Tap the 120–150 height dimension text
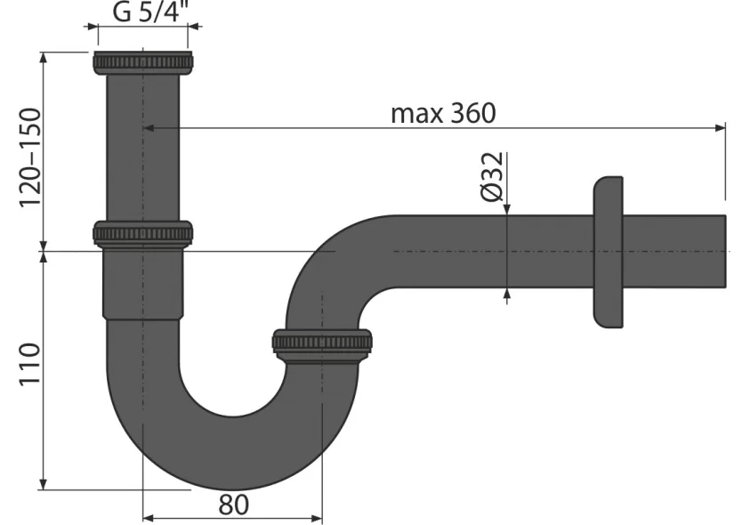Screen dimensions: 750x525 30,157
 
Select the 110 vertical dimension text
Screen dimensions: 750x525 29,364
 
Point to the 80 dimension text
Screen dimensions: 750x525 234,505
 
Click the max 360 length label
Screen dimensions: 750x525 443,113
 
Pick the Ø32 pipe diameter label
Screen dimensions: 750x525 492,176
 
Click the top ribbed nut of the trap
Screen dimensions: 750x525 143,62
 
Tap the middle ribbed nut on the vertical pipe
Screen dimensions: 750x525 143,233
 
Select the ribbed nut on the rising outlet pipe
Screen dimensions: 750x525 322,343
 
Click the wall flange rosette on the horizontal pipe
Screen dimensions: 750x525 609,252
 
